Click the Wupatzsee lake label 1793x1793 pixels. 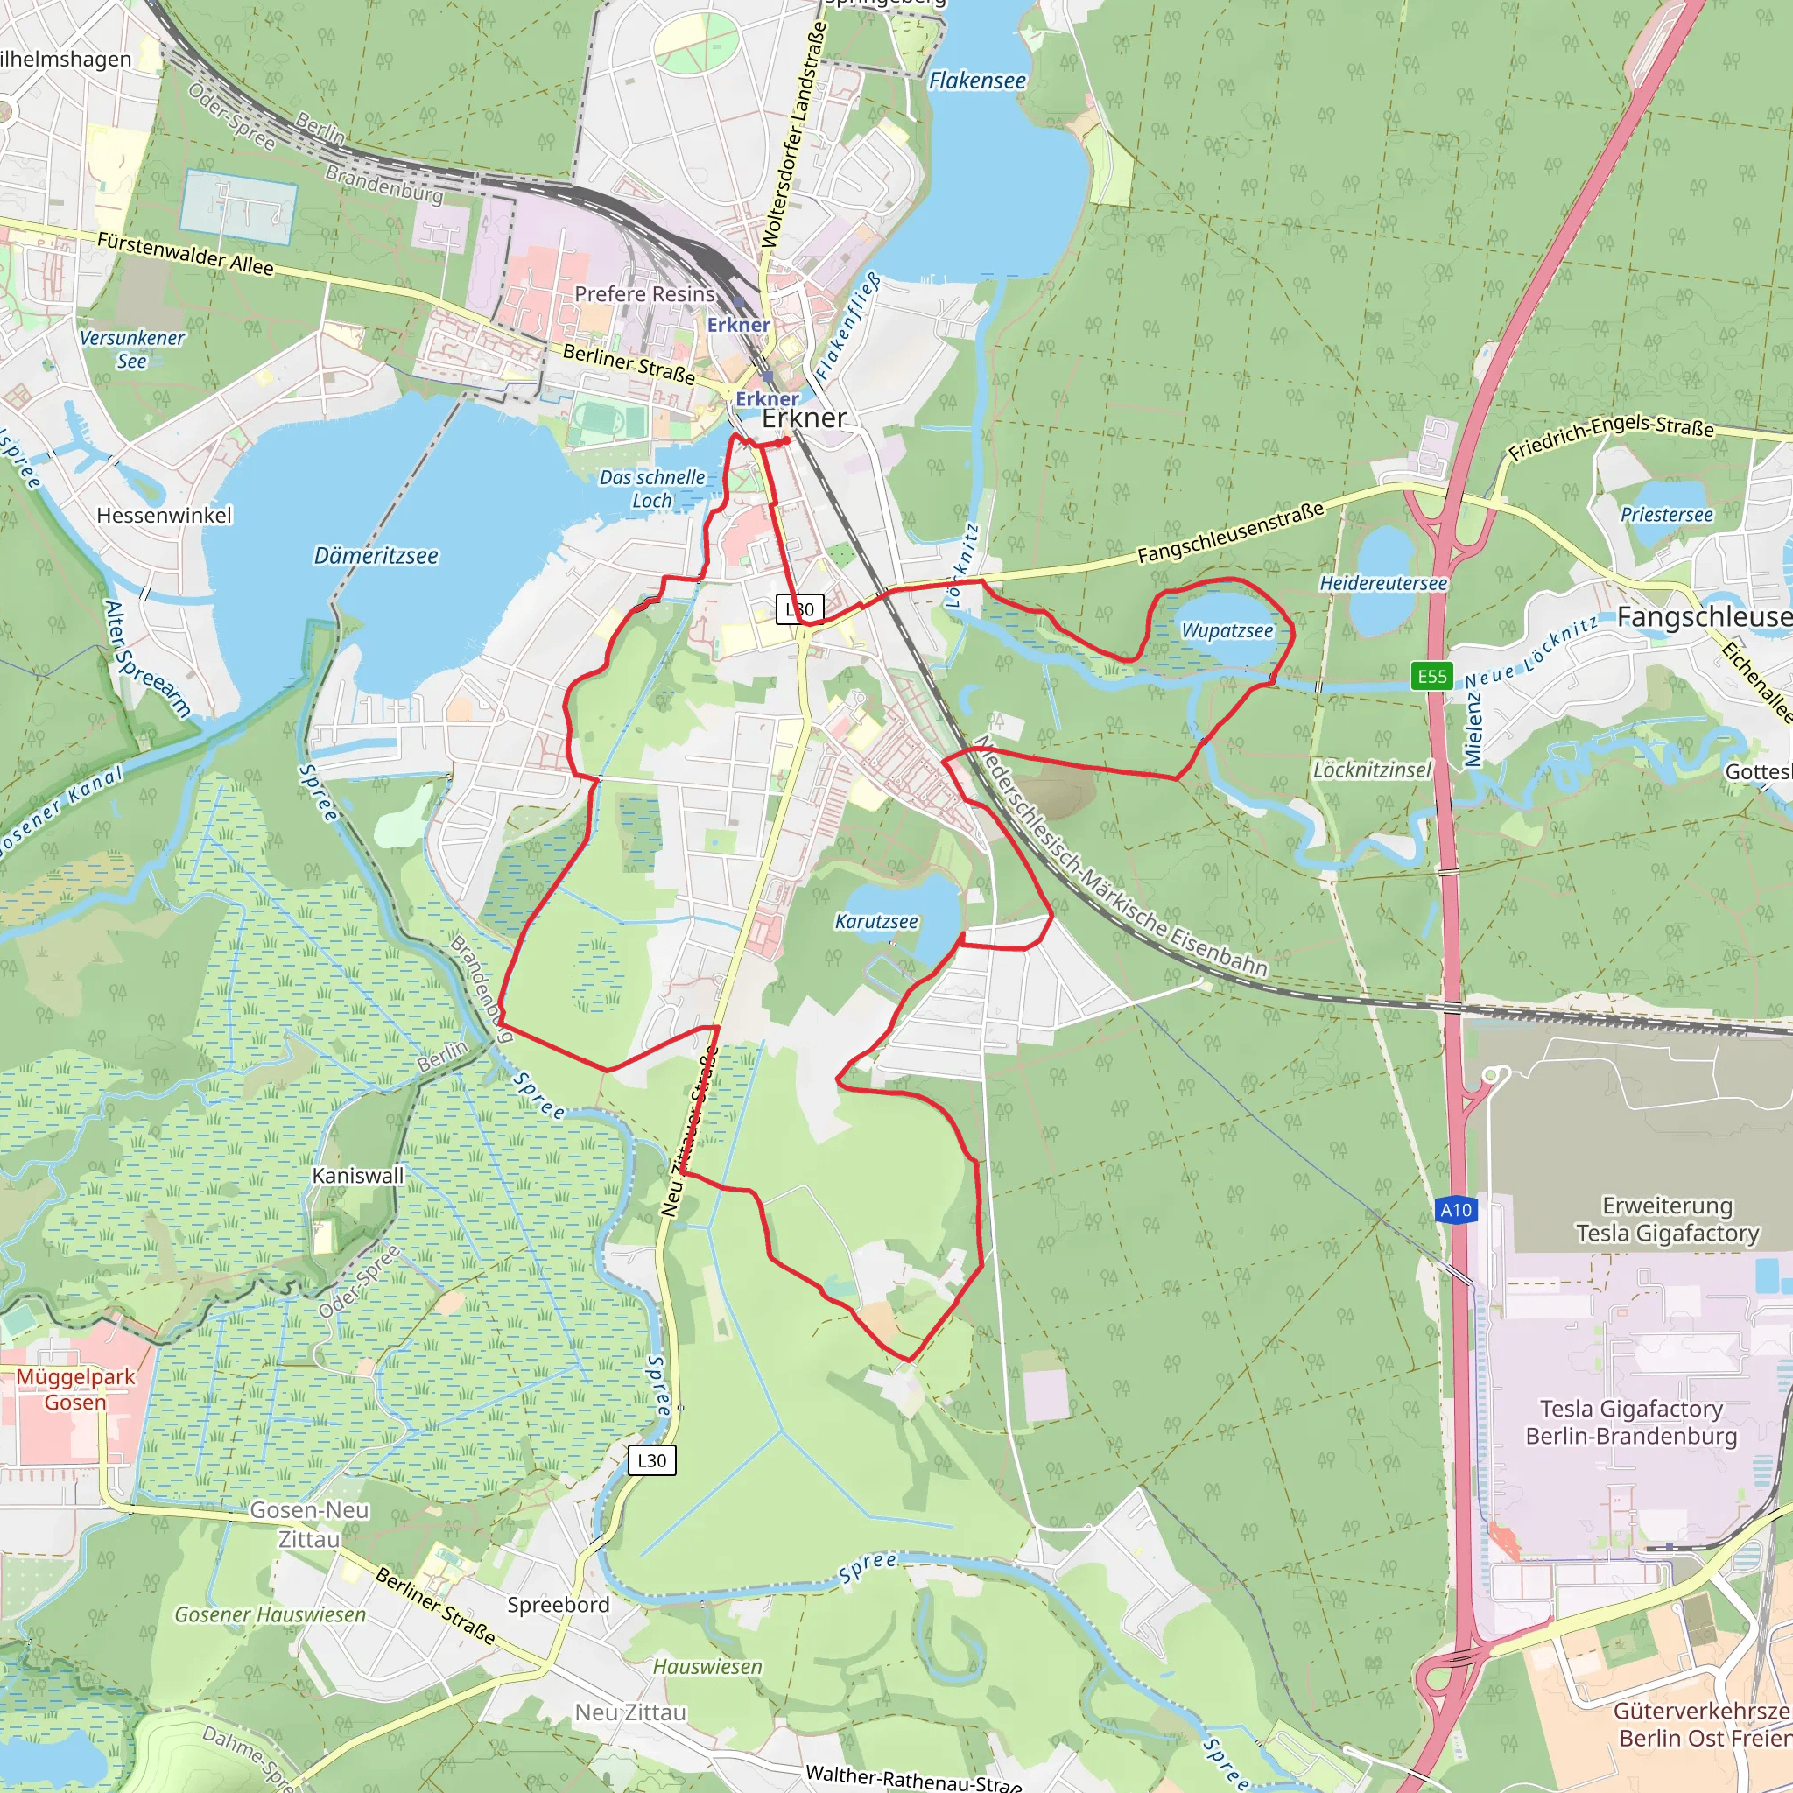click(x=1227, y=631)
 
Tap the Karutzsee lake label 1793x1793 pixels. click(x=876, y=922)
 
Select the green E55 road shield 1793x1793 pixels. click(x=1432, y=676)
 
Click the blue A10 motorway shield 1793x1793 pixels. click(x=1455, y=1209)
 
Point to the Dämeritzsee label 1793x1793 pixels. click(x=376, y=556)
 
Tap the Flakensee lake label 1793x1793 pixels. click(x=977, y=81)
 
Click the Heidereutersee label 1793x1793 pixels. click(x=1382, y=583)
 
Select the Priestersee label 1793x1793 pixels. click(x=1667, y=514)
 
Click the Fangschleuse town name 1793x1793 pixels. click(x=1704, y=617)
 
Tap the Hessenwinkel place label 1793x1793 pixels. click(x=165, y=515)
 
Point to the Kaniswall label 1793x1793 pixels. click(x=358, y=1175)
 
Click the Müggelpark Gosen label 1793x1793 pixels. click(x=75, y=1389)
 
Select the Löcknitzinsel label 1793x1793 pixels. click(x=1372, y=770)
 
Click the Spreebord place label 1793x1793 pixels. click(x=558, y=1605)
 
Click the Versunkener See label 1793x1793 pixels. click(x=132, y=350)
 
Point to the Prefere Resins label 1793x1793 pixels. click(x=645, y=294)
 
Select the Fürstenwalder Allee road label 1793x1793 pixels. click(x=186, y=253)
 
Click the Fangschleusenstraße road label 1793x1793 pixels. click(x=1231, y=532)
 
